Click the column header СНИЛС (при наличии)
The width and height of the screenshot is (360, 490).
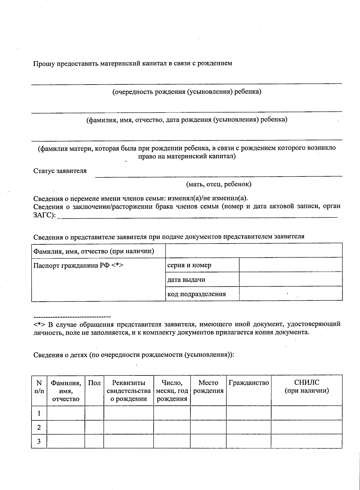click(307, 387)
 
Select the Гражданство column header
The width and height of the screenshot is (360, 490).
click(249, 383)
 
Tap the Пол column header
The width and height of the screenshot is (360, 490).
click(94, 383)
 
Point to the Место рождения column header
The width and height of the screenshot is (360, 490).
click(208, 387)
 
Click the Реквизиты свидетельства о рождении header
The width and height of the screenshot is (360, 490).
click(129, 391)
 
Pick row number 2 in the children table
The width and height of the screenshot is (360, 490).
click(39, 427)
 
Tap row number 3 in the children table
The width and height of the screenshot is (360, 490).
click(39, 441)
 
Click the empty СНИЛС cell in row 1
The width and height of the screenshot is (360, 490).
click(307, 413)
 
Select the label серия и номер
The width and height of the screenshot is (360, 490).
click(189, 265)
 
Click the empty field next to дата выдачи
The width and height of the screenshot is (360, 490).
click(290, 279)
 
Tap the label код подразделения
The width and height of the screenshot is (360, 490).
click(196, 294)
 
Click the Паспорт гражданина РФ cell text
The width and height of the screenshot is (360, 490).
click(78, 265)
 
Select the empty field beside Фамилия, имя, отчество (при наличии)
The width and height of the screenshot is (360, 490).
click(254, 251)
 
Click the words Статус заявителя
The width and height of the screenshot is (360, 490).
click(60, 171)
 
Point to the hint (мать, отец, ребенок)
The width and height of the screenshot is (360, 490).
click(219, 184)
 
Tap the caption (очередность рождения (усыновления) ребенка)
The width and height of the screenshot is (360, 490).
click(187, 92)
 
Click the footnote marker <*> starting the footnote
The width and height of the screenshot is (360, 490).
click(39, 324)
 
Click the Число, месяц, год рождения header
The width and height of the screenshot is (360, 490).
click(172, 391)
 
